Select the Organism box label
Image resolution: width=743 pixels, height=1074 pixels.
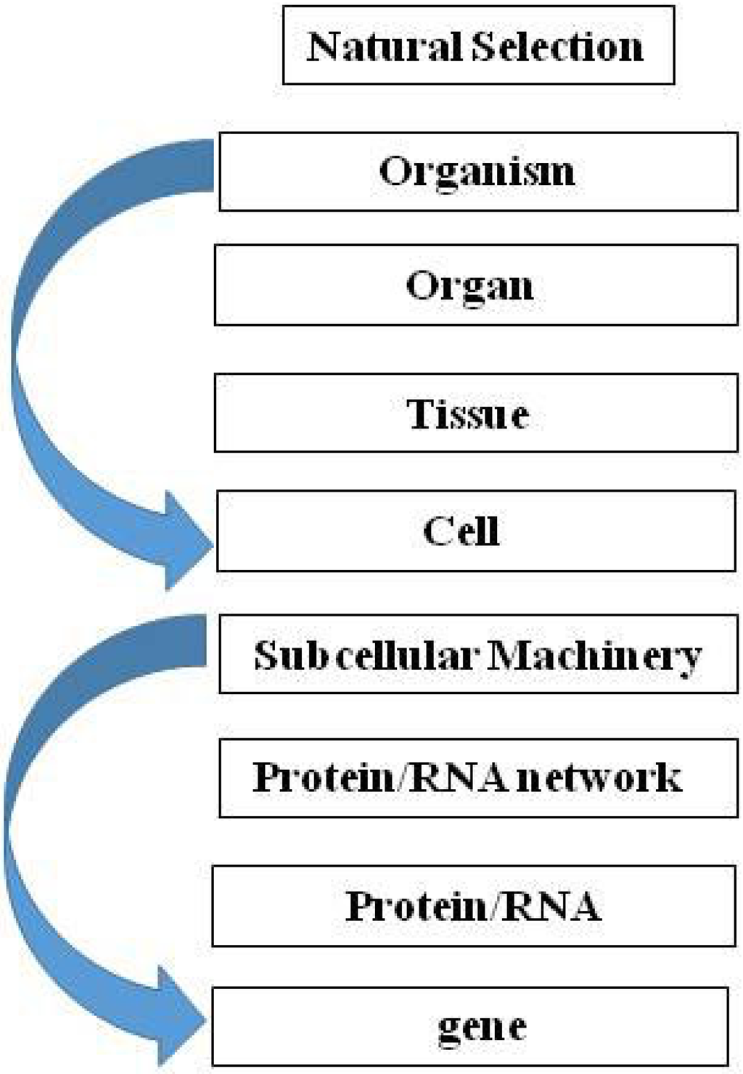[477, 172]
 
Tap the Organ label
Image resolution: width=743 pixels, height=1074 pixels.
[469, 286]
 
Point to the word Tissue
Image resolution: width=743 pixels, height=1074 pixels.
[467, 414]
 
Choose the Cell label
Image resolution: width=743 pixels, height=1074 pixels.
[461, 531]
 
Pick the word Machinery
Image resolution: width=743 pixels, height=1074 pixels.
[595, 656]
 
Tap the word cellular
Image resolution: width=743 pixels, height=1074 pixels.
[406, 656]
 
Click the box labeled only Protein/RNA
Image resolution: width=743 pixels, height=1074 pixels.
[473, 906]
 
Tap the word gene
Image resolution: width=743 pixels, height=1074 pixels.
[482, 1027]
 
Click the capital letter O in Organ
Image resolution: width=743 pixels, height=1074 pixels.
[422, 285]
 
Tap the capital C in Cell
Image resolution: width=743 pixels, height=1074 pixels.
[438, 531]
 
